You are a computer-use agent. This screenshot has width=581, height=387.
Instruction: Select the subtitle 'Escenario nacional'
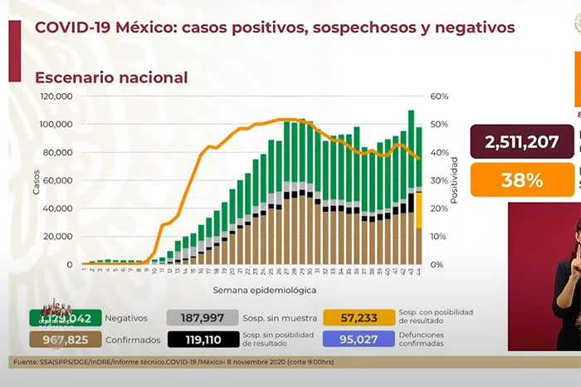pos(110,77)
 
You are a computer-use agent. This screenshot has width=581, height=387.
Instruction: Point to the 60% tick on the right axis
pos(438,96)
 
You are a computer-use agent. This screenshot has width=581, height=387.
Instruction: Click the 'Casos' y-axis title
pos(37,182)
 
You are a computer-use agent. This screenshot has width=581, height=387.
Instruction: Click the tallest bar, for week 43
pos(411,187)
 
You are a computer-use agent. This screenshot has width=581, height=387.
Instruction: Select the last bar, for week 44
pos(419,195)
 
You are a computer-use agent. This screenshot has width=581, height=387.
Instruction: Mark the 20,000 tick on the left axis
pos(60,237)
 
